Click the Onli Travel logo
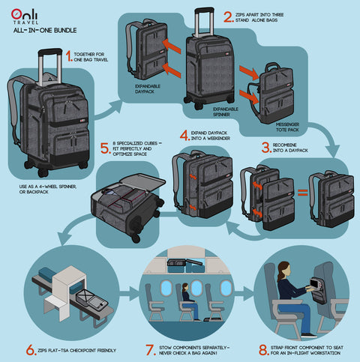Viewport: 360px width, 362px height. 23,16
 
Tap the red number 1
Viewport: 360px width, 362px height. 68,55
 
